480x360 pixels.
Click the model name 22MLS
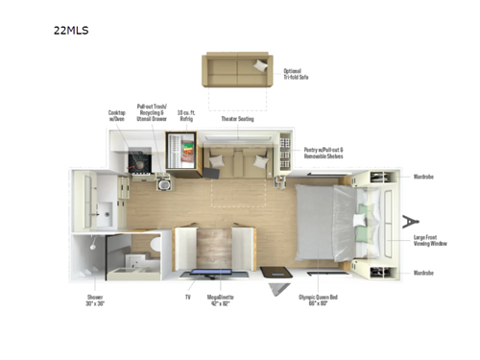click(x=73, y=30)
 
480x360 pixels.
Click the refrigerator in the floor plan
click(x=181, y=153)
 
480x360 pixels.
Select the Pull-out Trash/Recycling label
click(x=153, y=112)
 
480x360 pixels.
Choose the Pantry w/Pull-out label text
click(x=324, y=152)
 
